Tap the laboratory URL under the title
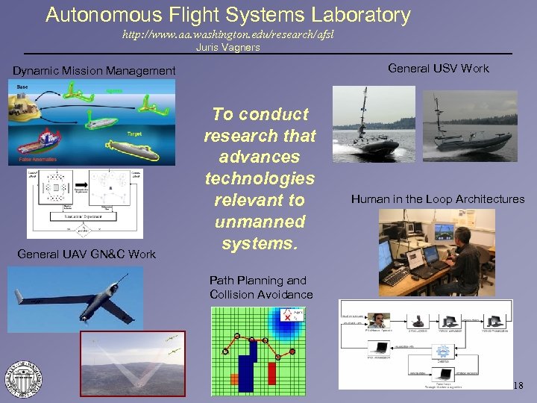tap(223, 34)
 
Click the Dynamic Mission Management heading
tap(94, 71)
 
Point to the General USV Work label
tap(439, 68)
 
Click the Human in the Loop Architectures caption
tap(438, 199)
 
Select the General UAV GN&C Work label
tap(87, 254)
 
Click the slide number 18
tap(519, 385)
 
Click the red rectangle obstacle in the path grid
tap(272, 372)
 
